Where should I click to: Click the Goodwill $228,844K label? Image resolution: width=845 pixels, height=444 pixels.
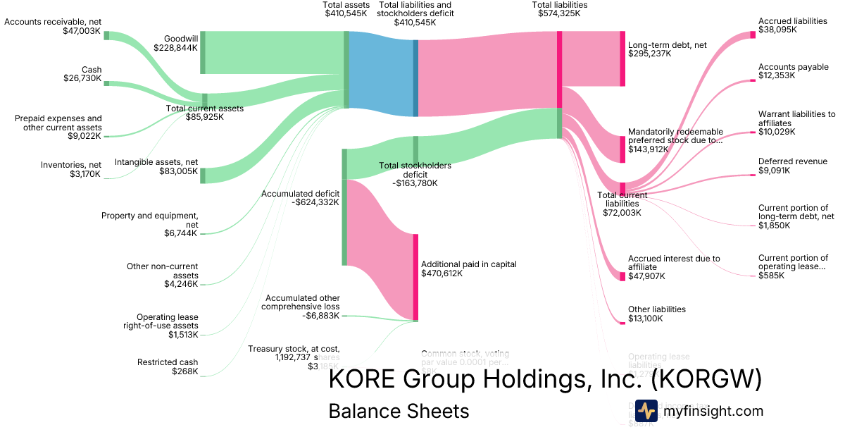point(175,43)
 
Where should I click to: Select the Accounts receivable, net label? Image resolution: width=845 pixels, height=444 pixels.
point(53,27)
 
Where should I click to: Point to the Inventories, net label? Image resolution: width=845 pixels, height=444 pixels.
point(71,169)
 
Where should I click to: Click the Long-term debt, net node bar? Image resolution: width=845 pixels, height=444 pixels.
point(622,58)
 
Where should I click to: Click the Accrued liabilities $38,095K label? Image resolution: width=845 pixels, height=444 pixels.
point(792,25)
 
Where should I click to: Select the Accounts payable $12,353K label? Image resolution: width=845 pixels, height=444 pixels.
point(793,72)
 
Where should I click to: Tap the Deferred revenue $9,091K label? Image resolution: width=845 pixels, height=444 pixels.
point(792,166)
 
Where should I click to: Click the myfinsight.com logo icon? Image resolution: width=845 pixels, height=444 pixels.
point(646,411)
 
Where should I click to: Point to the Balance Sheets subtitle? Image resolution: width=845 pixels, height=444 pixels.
point(399,411)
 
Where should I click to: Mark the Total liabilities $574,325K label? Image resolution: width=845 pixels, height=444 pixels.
point(560,9)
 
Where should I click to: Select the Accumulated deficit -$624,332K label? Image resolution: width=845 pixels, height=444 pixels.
point(300,197)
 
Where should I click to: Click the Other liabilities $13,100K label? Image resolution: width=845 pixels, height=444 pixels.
point(656,314)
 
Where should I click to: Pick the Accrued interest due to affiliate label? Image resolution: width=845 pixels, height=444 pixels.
point(674,263)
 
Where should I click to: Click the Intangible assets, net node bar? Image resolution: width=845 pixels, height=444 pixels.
point(203,175)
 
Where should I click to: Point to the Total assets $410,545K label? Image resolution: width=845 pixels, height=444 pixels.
point(347,9)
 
